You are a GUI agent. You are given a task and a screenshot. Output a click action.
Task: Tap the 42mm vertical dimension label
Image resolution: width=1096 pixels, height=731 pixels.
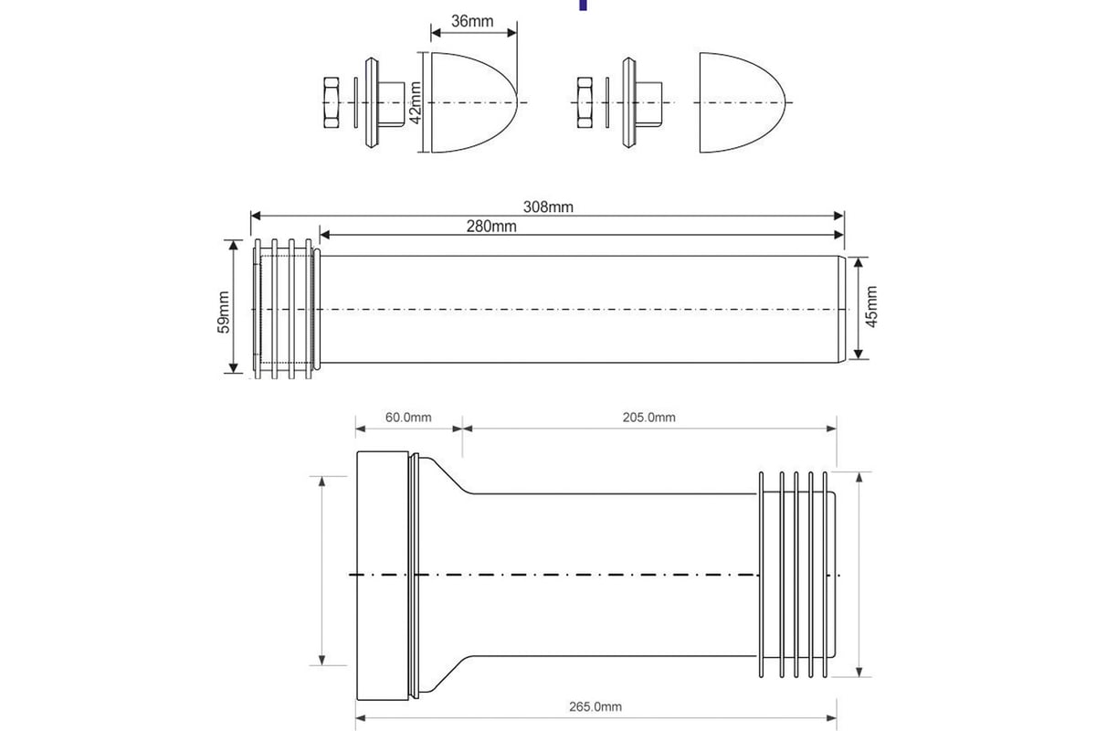click(x=415, y=102)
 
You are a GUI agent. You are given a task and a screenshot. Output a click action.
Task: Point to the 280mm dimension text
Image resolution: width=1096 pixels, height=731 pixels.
click(x=490, y=227)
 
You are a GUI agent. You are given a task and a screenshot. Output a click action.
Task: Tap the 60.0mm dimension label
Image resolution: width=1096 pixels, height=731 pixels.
click(x=407, y=418)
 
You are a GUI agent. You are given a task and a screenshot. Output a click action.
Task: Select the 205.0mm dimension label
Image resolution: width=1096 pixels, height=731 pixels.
click(x=648, y=418)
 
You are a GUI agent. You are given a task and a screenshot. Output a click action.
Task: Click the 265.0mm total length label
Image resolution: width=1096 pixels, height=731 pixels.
click(x=595, y=706)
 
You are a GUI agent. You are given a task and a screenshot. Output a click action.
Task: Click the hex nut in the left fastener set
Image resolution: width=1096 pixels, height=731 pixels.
click(x=332, y=102)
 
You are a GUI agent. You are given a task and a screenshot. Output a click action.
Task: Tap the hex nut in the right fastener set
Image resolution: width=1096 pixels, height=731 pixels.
click(x=586, y=102)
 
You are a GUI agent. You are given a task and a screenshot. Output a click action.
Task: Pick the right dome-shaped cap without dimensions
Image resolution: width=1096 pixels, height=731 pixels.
click(x=741, y=101)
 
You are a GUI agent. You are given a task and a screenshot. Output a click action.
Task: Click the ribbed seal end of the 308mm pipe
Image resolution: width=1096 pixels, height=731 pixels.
click(x=286, y=311)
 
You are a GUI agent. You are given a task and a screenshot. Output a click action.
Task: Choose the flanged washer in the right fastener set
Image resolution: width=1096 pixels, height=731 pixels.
click(x=628, y=102)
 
